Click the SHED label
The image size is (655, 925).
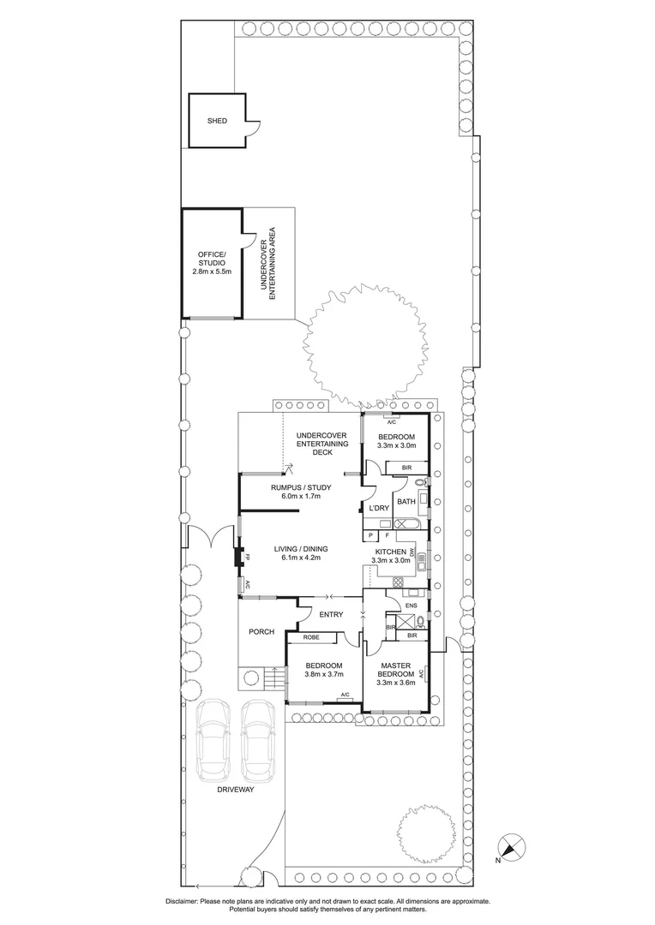pos(217,121)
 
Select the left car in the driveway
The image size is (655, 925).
pos(211,741)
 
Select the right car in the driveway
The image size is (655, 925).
pos(258,741)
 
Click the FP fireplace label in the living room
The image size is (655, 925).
pos(247,558)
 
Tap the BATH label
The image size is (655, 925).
pos(406,502)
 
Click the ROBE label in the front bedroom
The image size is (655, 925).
pos(311,637)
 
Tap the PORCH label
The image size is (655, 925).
pos(261,632)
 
